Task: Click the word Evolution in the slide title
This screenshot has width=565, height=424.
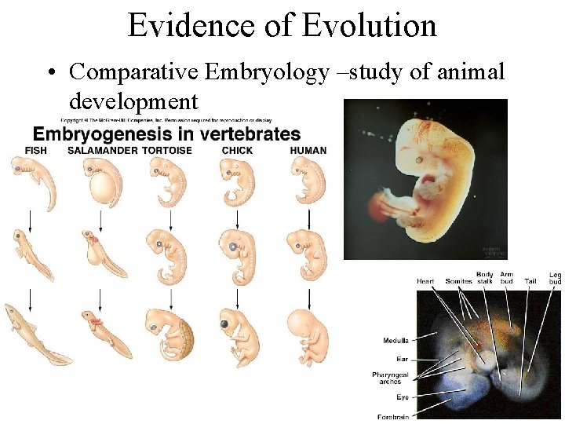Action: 369,25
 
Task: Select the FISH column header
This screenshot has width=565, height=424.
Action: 37,150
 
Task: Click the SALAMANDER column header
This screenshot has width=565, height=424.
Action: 102,150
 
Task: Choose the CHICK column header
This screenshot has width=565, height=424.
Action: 237,150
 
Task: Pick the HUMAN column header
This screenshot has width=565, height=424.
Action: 308,150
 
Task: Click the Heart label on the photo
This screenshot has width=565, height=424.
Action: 425,281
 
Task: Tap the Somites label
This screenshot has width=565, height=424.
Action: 458,281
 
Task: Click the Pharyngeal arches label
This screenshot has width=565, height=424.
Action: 388,378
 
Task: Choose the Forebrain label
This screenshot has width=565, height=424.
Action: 393,417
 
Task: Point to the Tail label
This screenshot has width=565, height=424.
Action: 530,281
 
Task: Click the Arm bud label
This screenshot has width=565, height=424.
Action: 507,277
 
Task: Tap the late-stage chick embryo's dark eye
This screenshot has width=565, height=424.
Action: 225,323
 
